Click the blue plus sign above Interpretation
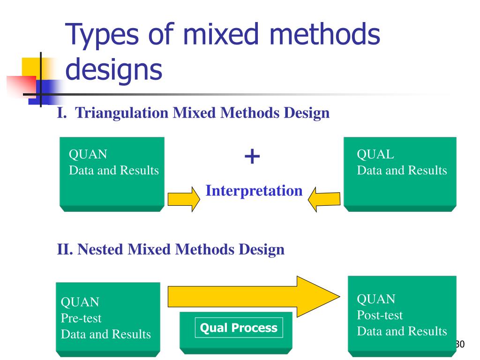(252, 157)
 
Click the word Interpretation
(254, 191)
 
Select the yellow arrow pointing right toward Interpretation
(180, 198)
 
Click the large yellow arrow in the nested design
(253, 296)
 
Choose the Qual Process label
(239, 328)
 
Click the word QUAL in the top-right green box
(375, 154)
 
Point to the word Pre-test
(81, 318)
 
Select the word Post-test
(380, 315)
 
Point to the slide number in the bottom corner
(459, 345)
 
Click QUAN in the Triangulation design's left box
(88, 154)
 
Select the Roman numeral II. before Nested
(65, 249)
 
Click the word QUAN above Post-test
(376, 299)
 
